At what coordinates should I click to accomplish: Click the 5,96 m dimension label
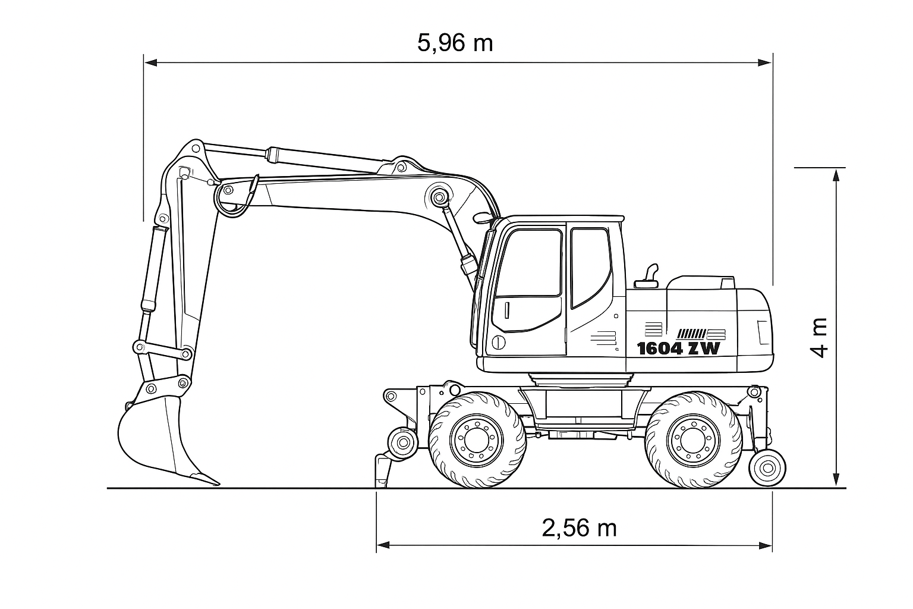click(455, 43)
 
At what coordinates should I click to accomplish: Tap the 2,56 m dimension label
click(579, 528)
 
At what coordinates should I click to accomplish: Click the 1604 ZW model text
click(679, 349)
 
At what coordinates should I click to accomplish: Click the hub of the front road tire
click(476, 440)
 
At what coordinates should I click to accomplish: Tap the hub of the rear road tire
click(693, 440)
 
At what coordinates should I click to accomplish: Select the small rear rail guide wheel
click(768, 468)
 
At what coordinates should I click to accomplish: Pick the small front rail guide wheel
click(403, 442)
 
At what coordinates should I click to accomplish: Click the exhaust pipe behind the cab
click(647, 277)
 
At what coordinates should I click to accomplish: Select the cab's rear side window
click(591, 267)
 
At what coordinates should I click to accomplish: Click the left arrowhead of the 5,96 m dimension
click(150, 63)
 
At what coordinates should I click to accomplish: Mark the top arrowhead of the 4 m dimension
click(836, 175)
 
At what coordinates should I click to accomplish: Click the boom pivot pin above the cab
click(439, 198)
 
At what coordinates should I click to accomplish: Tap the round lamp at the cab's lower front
click(498, 342)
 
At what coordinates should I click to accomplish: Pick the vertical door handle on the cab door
click(508, 310)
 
